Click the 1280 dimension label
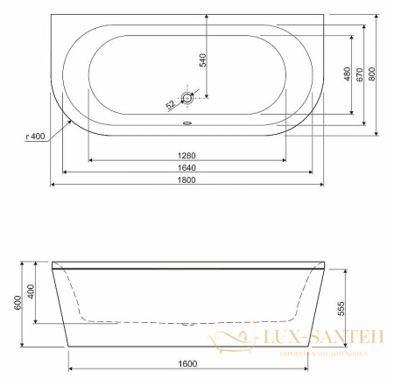tap(187, 155)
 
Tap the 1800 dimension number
tap(187, 179)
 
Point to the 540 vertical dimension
tap(202, 60)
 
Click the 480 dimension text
tap(348, 74)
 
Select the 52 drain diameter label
tap(172, 105)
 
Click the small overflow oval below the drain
tap(187, 122)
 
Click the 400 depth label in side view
tap(32, 291)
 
